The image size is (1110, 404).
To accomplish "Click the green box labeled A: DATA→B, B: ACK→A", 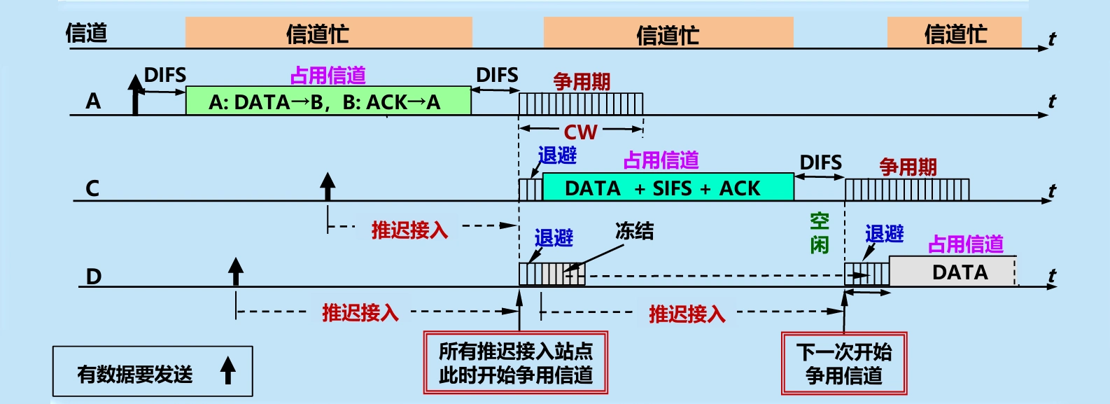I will pos(328,102).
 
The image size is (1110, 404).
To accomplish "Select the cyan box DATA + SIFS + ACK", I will pos(668,188).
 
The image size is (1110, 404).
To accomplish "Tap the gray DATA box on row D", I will pos(952,272).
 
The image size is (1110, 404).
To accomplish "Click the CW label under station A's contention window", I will pos(580,132).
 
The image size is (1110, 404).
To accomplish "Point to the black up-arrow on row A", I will pos(136,95).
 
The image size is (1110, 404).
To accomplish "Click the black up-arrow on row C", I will pos(328,188).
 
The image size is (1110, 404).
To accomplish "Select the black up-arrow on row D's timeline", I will pos(236,272).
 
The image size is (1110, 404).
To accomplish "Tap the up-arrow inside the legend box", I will pos(227,370).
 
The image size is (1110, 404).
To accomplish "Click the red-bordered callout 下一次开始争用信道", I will pos(844,363).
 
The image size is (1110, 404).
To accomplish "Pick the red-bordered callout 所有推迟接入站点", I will pos(516,363).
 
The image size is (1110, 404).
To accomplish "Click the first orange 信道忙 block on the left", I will pos(328,33).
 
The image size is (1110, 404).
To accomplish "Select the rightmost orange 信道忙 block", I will pos(954,33).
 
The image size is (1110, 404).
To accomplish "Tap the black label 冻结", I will pos(634,231).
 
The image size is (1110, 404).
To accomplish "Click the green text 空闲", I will pos(820,233).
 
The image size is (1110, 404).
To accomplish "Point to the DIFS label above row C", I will pos(820,162).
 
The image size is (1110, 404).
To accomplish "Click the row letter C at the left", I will pos(92,188).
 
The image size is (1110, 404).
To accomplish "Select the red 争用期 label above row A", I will pos(582,82).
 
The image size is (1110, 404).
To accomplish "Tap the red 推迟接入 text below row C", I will pos(409,230).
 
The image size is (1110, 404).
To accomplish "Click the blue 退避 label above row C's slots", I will pos(557,155).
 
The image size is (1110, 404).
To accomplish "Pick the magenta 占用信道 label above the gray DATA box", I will pos(965,244).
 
